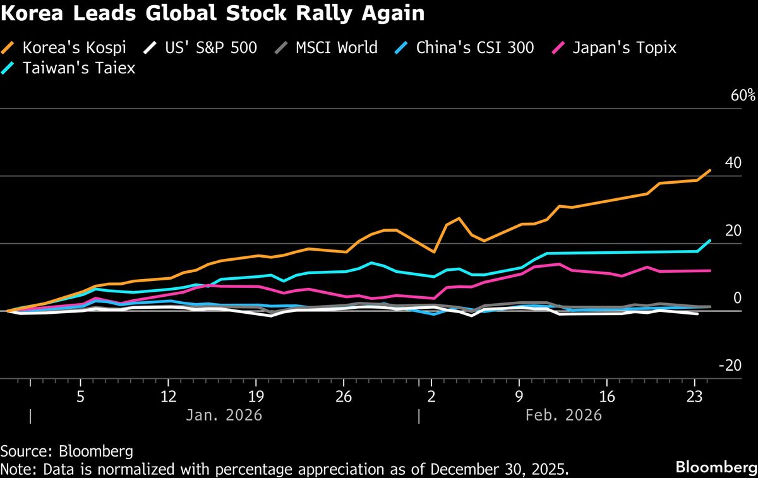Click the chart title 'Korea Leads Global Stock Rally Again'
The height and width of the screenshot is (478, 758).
click(212, 14)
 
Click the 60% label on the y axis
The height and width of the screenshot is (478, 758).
click(742, 96)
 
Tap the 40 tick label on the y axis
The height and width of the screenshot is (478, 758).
click(733, 163)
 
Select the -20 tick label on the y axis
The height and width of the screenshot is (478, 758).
click(731, 366)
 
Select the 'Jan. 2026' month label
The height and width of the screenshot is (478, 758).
click(224, 415)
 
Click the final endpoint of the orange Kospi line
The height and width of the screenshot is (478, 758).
click(711, 170)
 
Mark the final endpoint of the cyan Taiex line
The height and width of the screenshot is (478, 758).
click(711, 240)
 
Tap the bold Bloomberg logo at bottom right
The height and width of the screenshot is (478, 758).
click(716, 467)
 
